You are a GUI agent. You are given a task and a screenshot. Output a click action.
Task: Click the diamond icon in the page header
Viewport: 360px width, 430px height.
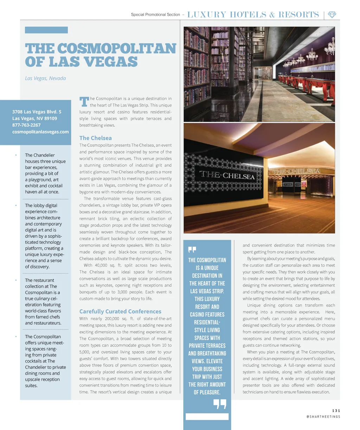[332, 14]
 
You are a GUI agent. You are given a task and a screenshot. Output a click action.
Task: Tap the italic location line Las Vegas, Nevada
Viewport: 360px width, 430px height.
[45, 78]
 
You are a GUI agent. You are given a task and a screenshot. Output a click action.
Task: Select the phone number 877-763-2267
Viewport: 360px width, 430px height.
[26, 125]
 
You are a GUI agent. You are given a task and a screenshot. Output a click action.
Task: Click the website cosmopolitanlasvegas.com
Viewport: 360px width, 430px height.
[40, 131]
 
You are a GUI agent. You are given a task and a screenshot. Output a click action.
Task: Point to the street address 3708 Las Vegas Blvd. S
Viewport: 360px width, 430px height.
[37, 111]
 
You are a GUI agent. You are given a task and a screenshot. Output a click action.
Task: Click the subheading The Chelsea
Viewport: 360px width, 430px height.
[96, 138]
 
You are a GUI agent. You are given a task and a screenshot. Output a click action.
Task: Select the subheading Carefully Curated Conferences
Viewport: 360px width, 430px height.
[120, 311]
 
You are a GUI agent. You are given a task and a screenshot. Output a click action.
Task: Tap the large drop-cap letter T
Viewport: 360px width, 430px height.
[84, 102]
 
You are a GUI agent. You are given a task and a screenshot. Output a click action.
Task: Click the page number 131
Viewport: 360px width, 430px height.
[336, 410]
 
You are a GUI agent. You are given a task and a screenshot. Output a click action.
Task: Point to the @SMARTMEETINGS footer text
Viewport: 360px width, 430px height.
[323, 417]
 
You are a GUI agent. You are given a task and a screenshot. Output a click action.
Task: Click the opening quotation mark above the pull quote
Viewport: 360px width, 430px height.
[192, 250]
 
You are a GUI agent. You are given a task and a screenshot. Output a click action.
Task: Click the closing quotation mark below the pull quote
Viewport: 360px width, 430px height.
[220, 404]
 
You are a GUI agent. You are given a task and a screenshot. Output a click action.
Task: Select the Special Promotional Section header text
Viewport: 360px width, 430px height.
[155, 14]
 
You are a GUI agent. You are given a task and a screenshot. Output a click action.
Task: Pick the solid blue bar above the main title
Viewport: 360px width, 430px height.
[46, 30]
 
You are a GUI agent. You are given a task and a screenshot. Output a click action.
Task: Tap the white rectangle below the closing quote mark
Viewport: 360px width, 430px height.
[207, 417]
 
